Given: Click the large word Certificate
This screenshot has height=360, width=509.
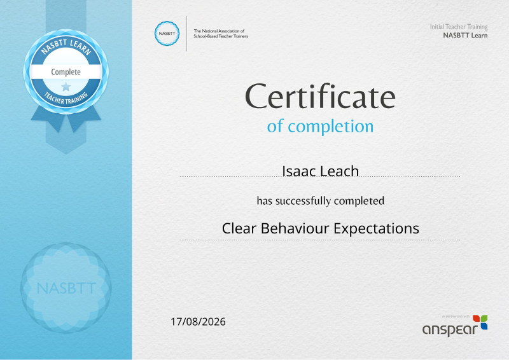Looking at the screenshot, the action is [320, 97].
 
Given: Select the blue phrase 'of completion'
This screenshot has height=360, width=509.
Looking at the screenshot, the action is [320, 127].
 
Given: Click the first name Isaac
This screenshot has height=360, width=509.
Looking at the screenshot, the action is [297, 171].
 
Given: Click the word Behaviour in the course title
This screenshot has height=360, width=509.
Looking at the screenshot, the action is [295, 228].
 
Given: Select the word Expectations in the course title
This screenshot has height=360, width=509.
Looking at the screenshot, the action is [377, 228].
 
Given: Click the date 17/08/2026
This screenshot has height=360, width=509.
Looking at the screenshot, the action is [198, 322].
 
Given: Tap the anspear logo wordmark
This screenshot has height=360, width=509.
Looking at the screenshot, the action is [450, 329].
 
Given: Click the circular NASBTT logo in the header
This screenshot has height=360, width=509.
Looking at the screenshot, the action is [167, 33].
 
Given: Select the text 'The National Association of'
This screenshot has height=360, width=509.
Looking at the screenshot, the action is [219, 31].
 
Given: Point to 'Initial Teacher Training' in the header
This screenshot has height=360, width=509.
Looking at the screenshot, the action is [459, 27].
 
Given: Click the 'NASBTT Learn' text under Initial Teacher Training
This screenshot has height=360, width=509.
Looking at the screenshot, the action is [465, 35].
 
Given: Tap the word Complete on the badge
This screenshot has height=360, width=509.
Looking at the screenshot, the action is [66, 72].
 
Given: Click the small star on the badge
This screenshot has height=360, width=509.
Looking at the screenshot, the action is [66, 87].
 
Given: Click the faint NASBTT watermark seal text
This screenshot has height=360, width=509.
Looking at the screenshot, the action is [66, 288].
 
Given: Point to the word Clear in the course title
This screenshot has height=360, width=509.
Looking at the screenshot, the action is [239, 228].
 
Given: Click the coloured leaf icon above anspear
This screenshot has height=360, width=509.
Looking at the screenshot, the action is [480, 322].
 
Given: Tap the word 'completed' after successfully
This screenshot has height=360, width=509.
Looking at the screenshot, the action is [359, 201].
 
